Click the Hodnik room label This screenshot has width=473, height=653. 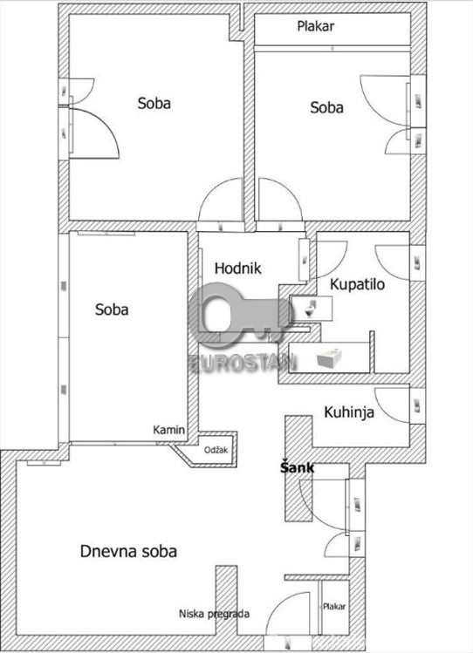[x=238, y=269]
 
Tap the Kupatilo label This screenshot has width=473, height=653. [x=357, y=285]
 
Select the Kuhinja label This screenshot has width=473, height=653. [x=349, y=412]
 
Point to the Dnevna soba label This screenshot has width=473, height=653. [x=128, y=551]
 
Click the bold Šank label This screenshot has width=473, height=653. [x=297, y=467]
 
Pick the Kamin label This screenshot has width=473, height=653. [x=168, y=430]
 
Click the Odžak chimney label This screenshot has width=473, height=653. [x=216, y=450]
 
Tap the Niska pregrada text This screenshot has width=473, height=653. [x=214, y=614]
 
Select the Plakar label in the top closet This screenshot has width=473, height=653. [x=315, y=26]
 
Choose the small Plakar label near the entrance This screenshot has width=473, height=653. [x=334, y=607]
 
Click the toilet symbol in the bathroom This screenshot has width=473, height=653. [x=311, y=308]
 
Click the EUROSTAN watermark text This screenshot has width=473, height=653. [x=243, y=363]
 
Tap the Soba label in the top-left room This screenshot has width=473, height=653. [x=154, y=103]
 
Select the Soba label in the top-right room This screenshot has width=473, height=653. [x=326, y=107]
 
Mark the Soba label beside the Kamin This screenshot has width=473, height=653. [x=112, y=309]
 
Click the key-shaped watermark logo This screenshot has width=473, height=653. [x=240, y=316]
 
